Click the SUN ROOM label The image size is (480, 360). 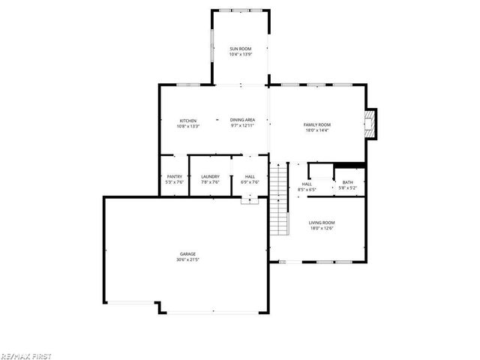pos(240,49)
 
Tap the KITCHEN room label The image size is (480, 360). pos(187,121)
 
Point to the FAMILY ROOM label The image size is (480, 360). pos(316,124)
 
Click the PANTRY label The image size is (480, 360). pos(174,176)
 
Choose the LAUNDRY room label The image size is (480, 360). pos(210,176)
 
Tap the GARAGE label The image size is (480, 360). pos(187,253)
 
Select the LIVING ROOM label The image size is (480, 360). pos(322,222)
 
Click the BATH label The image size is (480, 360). pos(348,182)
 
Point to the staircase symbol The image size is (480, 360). pos(279,199)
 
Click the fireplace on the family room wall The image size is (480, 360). pos(368,124)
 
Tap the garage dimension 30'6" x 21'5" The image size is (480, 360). pos(187,259)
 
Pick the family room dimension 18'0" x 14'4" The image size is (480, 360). pos(316,130)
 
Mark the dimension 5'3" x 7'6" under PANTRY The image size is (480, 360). pos(174,182)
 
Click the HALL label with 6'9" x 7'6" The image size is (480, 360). pos(250,176)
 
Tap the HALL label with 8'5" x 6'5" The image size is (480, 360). pos(307,184)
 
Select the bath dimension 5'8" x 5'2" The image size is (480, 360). pos(348,188)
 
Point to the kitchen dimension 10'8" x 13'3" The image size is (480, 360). pos(187,127)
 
